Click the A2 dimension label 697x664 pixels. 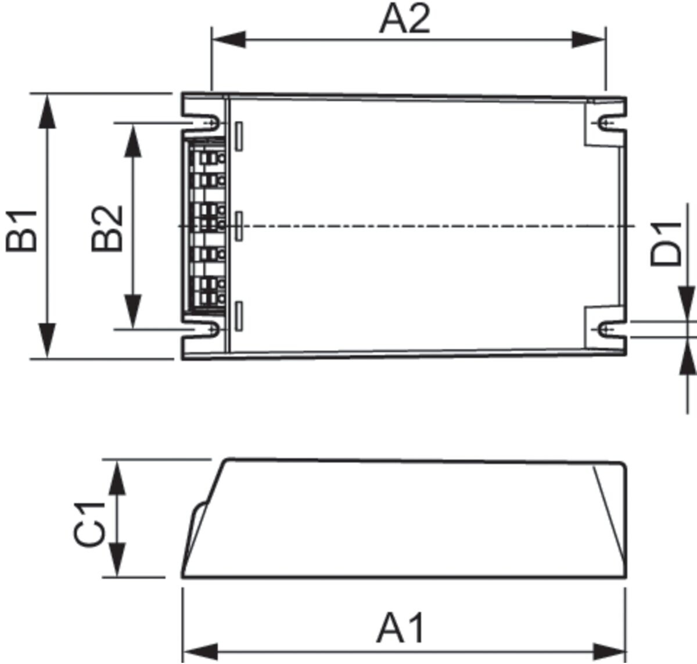[x=404, y=19]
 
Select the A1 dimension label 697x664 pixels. [x=400, y=628]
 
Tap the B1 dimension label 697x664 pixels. [x=21, y=231]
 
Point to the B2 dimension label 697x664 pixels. [x=107, y=229]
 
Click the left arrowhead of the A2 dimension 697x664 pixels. [x=229, y=39]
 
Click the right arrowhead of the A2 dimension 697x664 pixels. [x=588, y=39]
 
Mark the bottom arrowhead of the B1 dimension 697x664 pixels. [x=47, y=340]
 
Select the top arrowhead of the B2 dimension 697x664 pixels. [x=133, y=140]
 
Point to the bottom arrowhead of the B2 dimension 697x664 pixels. [x=133, y=312]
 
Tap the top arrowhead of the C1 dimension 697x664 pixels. [x=117, y=477]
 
